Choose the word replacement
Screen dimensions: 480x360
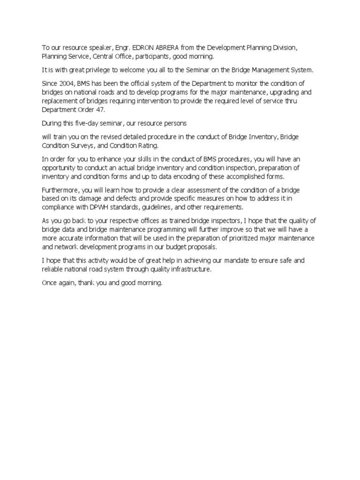tap(59, 101)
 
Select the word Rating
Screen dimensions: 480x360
tap(147, 146)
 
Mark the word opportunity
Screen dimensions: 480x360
tap(59, 168)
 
